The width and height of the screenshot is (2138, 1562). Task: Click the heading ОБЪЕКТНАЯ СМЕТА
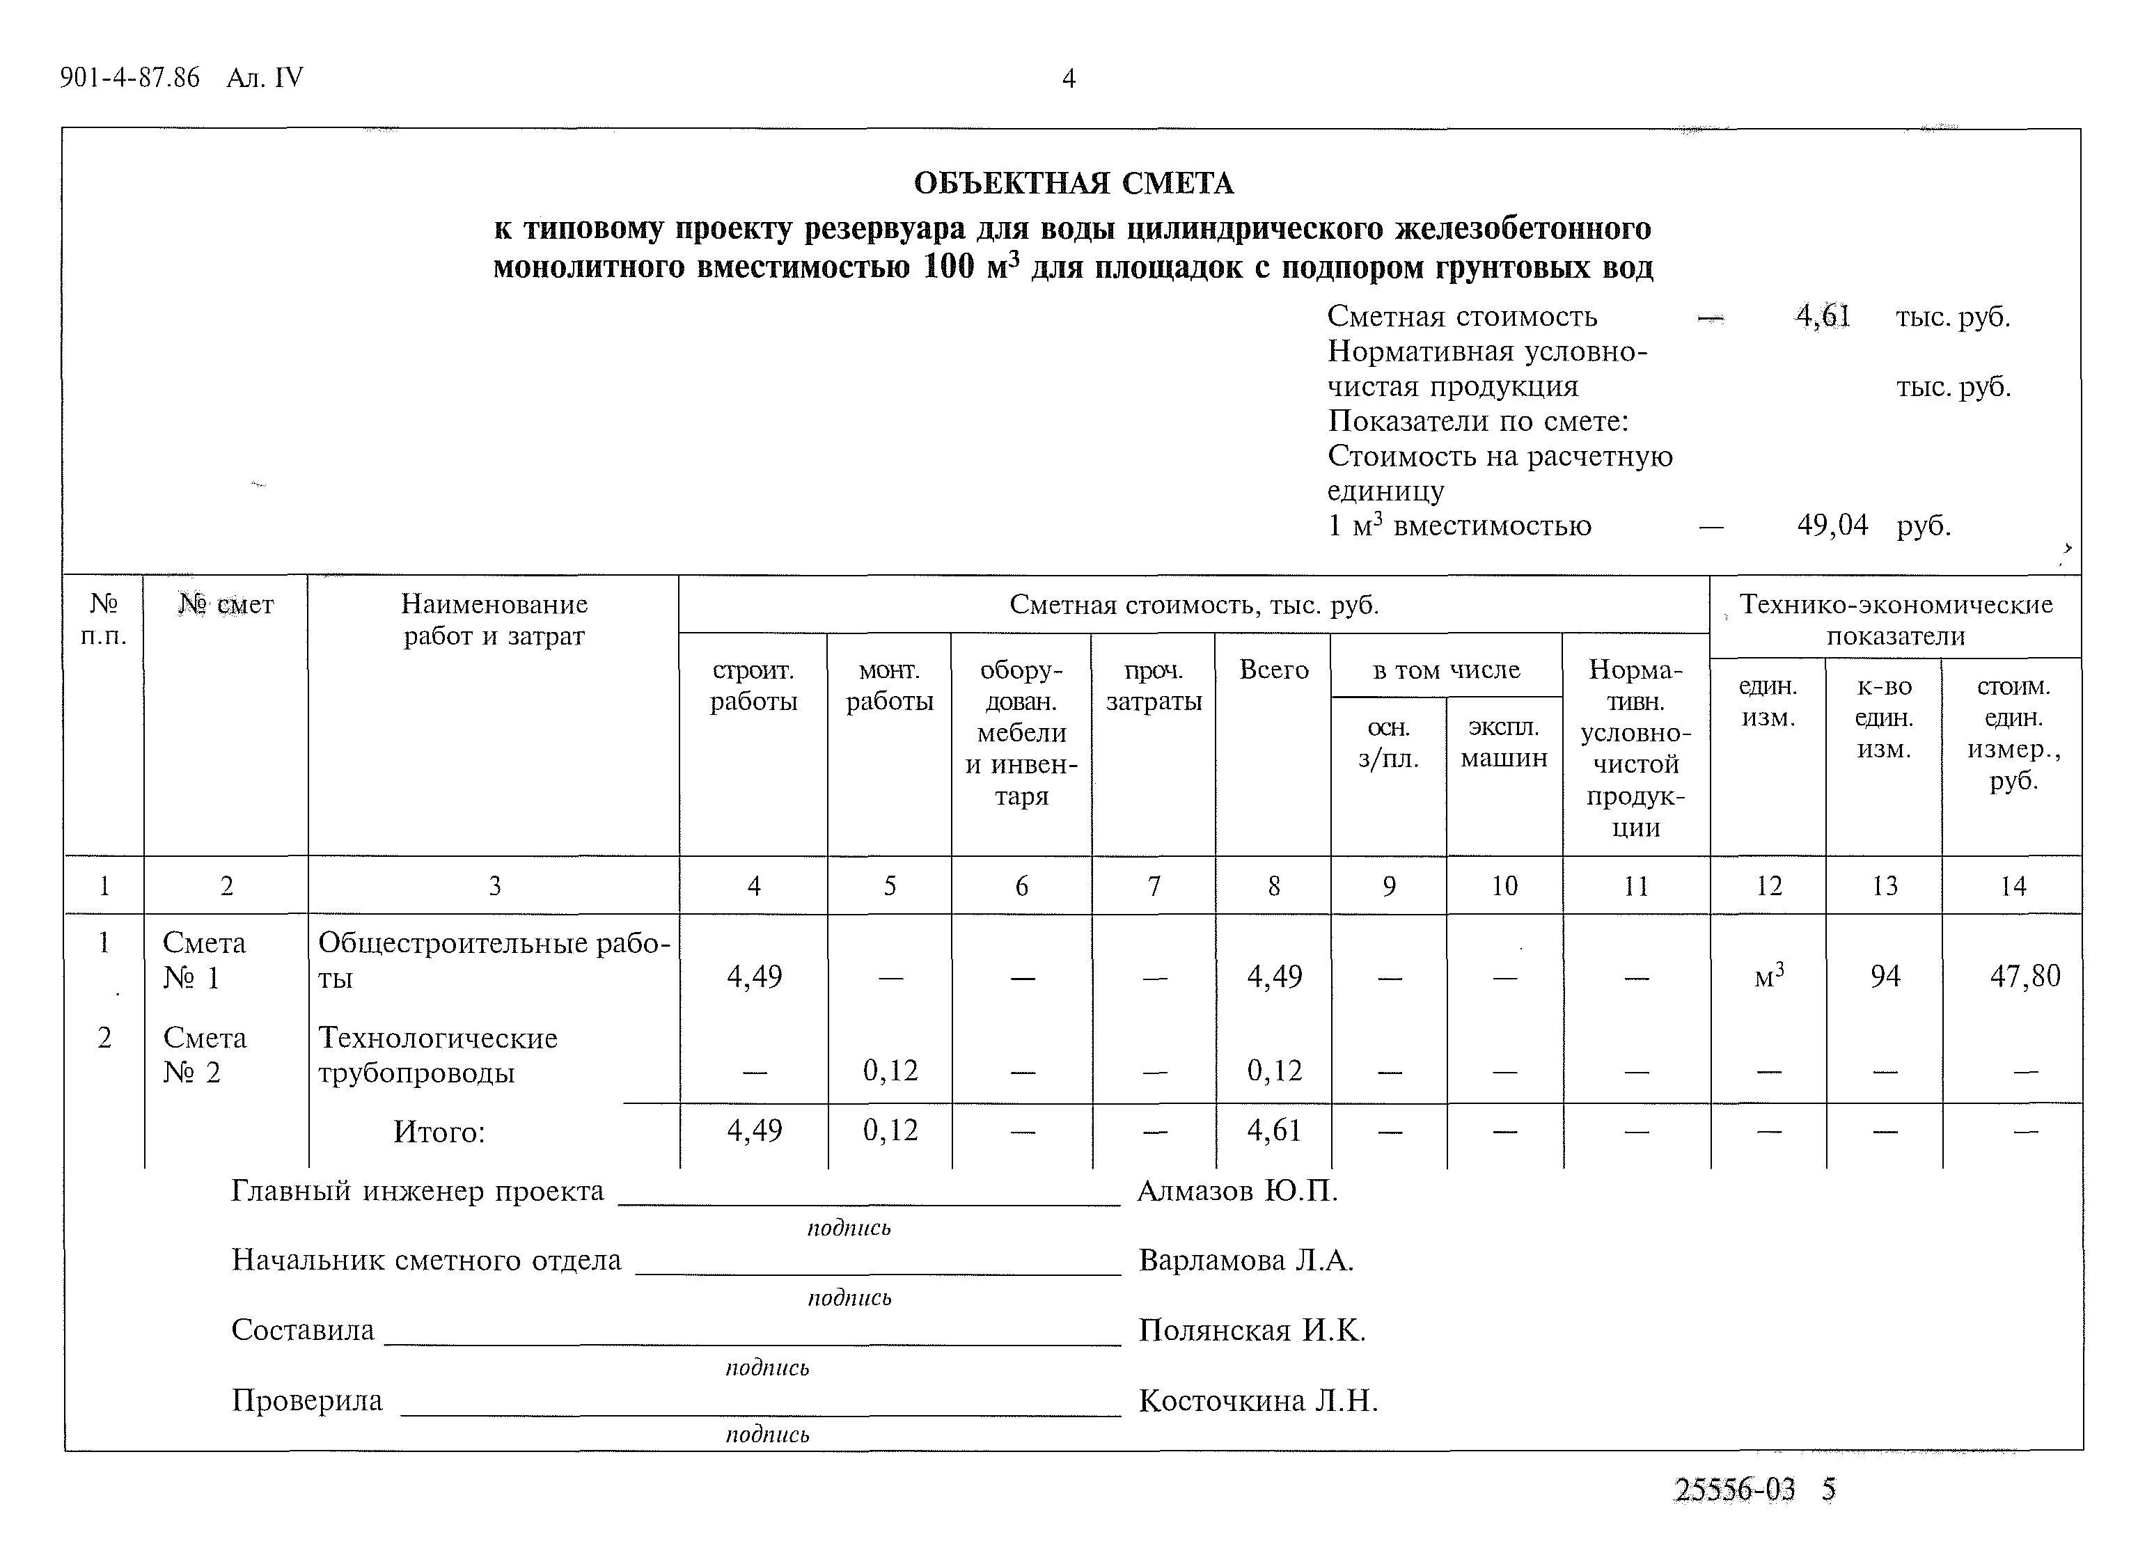coord(1074,184)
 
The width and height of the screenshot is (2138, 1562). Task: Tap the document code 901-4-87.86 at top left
coord(129,77)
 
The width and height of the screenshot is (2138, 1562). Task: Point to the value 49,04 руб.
coord(1832,526)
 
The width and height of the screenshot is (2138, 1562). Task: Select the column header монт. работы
coord(889,686)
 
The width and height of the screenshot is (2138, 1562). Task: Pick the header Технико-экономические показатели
coord(1895,620)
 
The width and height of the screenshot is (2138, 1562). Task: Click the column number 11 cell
coord(1636,886)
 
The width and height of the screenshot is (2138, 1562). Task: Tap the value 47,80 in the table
coord(2025,976)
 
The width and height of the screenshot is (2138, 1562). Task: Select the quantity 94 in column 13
coord(1885,976)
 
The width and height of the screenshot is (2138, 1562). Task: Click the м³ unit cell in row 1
coord(1768,976)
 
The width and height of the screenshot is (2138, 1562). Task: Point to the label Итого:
coord(439,1132)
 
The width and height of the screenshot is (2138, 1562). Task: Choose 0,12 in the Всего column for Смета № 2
coord(1274,1071)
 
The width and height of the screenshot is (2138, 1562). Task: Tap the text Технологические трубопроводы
coord(437,1055)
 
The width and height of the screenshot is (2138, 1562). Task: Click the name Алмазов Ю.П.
coord(1237,1192)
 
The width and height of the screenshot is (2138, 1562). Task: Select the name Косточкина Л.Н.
coord(1257,1401)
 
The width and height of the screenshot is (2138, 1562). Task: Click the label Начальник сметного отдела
coord(427,1261)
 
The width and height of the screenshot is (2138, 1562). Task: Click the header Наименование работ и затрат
coord(494,620)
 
